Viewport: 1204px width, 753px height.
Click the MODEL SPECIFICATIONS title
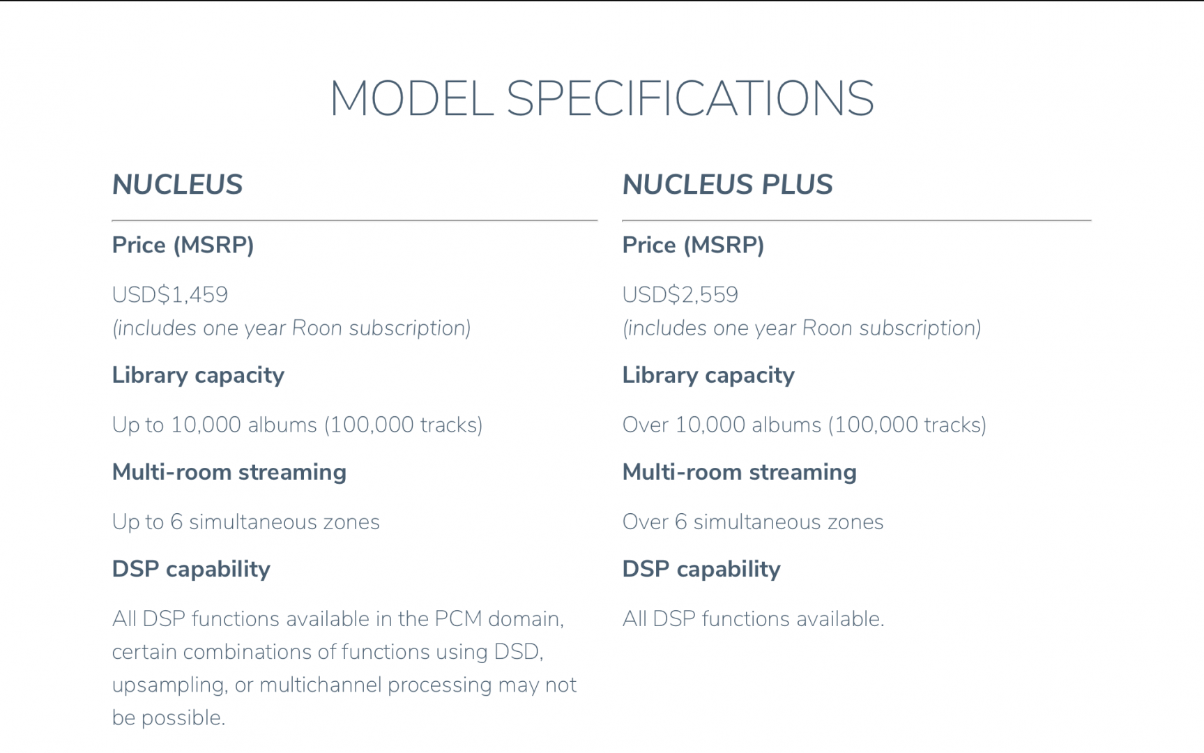point(602,98)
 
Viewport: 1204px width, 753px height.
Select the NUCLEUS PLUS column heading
point(727,185)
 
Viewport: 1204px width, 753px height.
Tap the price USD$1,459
point(170,295)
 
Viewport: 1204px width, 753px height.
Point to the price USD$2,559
point(680,295)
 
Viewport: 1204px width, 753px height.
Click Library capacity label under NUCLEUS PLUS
point(708,376)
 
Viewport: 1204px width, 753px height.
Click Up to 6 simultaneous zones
point(246,522)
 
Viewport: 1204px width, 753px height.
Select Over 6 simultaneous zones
point(753,522)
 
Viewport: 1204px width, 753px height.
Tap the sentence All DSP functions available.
point(753,618)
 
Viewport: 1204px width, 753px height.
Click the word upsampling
point(169,685)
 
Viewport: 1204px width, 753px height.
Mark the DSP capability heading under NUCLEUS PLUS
point(701,570)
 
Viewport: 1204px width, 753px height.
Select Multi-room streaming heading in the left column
point(229,472)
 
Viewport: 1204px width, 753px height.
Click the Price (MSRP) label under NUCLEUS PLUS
point(693,245)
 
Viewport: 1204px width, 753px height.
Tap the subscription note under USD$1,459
point(291,328)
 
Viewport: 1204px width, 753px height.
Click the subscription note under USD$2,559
point(802,328)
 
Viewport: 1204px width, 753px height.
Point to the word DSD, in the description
point(519,652)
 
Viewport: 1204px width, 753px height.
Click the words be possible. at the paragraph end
point(169,717)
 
